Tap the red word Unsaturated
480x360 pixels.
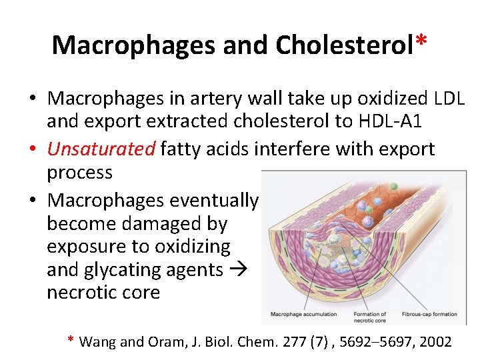[x=101, y=149]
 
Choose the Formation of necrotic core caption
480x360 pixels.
[x=370, y=316]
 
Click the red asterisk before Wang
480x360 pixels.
[x=71, y=340]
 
